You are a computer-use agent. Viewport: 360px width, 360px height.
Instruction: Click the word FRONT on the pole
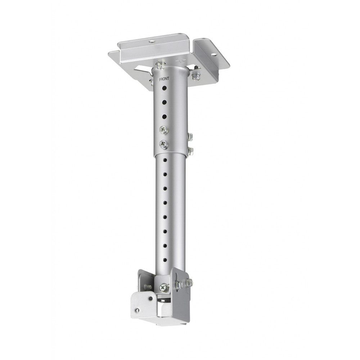click(164, 79)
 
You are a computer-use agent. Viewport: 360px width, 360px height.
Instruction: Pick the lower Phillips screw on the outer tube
click(164, 144)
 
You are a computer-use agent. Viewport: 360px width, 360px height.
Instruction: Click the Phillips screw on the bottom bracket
click(163, 287)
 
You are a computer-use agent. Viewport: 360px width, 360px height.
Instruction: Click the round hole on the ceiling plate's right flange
click(214, 55)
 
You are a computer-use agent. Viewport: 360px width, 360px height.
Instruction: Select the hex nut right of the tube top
click(196, 76)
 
